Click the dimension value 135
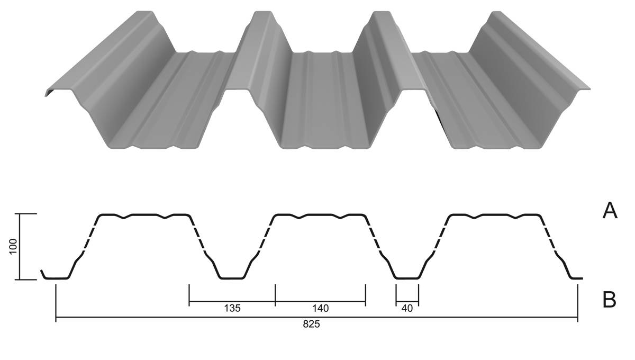point(232,308)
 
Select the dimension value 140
point(320,308)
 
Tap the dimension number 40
point(407,308)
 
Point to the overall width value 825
point(311,324)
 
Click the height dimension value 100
point(13,247)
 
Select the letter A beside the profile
point(610,211)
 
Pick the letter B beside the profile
point(609,300)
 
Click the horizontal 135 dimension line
point(232,301)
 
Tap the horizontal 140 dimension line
point(320,301)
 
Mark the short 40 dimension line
point(407,301)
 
